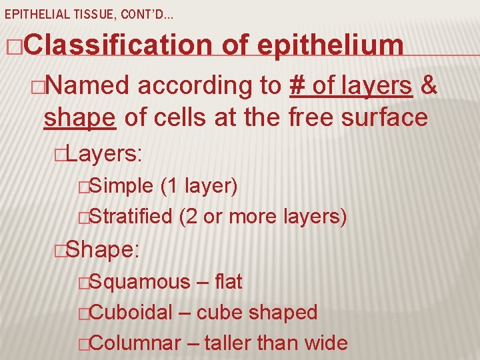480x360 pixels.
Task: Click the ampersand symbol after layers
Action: tap(430, 85)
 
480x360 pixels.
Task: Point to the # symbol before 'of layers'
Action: tap(297, 85)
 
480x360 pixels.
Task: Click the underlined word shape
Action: tap(80, 117)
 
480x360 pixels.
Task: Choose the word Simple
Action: tap(121, 186)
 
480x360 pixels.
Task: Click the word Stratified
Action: tap(131, 216)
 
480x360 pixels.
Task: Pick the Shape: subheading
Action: tap(103, 250)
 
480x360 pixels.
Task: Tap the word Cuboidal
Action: tap(131, 312)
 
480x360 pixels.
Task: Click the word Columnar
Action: tap(134, 343)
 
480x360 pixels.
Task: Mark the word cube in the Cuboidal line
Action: tap(215, 312)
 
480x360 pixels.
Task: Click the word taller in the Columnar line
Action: tap(227, 343)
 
